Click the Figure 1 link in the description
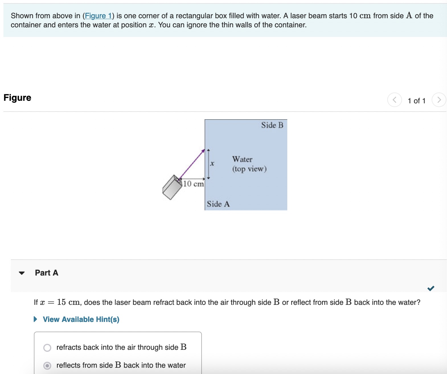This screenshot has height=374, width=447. tap(98, 16)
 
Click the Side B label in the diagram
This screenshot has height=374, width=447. tap(272, 125)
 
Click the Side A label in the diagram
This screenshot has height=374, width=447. tap(218, 204)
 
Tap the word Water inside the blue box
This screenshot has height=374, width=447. tap(242, 159)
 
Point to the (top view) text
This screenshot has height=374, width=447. tap(249, 169)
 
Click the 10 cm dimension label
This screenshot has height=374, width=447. tap(193, 184)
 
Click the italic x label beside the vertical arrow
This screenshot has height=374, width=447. tap(212, 164)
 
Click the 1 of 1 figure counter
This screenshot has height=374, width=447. tap(417, 101)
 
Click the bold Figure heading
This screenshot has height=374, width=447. tap(17, 98)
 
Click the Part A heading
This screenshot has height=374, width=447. tap(46, 273)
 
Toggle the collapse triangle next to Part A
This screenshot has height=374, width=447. tap(22, 273)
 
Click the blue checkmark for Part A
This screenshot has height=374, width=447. tap(431, 288)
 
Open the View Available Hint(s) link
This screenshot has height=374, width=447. tap(81, 319)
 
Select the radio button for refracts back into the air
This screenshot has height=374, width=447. tap(47, 348)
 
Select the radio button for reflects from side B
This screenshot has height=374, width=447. tap(47, 365)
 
